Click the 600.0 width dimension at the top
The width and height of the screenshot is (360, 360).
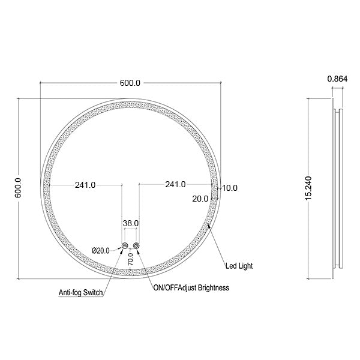pyautogui.click(x=130, y=83)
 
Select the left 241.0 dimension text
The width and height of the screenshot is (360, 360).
pyautogui.click(x=85, y=185)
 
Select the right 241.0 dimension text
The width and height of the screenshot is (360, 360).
pyautogui.click(x=175, y=185)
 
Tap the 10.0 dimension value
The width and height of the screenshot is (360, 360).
pyautogui.click(x=230, y=188)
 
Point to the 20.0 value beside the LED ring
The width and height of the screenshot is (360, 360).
pyautogui.click(x=200, y=198)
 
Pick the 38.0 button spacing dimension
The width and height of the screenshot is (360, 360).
pyautogui.click(x=131, y=223)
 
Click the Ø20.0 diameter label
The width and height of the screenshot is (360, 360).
pyautogui.click(x=100, y=251)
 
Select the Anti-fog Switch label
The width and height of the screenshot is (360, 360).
pyautogui.click(x=81, y=293)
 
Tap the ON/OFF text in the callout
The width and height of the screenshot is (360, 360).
pyautogui.click(x=165, y=288)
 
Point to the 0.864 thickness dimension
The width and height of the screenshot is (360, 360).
pyautogui.click(x=336, y=79)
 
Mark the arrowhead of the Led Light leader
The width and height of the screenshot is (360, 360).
pyautogui.click(x=208, y=226)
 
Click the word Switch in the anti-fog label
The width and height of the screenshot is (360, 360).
pyautogui.click(x=94, y=293)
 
